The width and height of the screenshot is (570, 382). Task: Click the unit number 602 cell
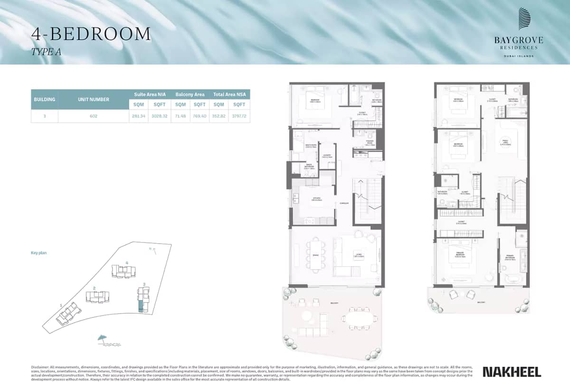93,116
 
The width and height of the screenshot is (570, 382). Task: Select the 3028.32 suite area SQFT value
159,116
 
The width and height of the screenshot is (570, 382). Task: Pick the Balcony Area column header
190,95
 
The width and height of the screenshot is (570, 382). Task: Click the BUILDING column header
45,100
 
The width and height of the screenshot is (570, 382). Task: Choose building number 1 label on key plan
61,306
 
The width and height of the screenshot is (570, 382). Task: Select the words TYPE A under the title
46,52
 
